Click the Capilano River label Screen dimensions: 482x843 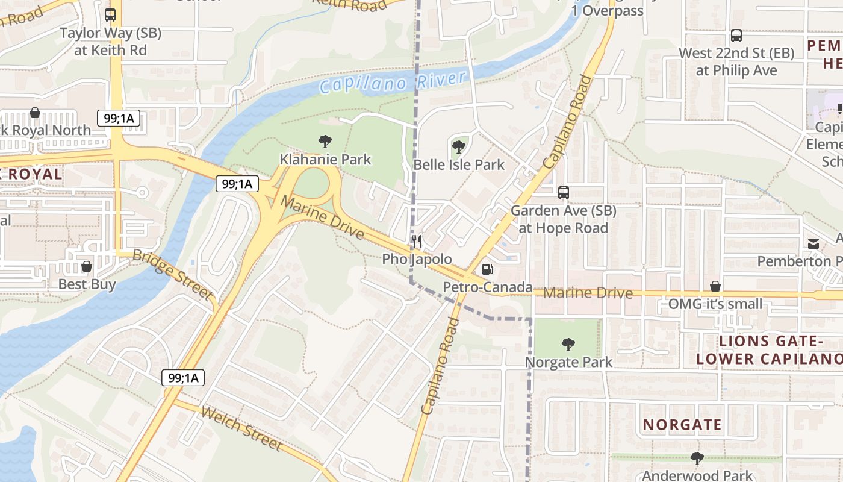(393, 82)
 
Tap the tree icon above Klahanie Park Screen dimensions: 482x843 (325, 142)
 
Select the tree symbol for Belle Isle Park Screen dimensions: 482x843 (459, 146)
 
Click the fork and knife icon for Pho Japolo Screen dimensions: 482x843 (417, 242)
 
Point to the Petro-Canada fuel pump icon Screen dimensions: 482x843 (487, 269)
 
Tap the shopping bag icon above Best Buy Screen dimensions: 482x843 (87, 266)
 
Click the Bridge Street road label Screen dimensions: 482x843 (173, 275)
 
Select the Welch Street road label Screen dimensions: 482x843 (241, 429)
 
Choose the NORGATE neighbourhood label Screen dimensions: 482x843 (682, 425)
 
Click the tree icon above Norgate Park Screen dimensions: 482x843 (568, 345)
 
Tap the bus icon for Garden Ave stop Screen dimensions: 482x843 (564, 193)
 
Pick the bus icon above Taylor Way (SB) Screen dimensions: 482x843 (110, 15)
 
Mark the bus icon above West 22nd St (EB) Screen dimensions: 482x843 (736, 36)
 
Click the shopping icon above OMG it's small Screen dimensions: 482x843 (715, 286)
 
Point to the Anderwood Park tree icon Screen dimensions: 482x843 (697, 459)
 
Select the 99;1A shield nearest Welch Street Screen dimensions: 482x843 (183, 378)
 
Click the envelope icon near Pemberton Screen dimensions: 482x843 (813, 243)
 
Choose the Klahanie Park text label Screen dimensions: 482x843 (325, 160)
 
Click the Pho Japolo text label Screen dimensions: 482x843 (417, 259)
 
